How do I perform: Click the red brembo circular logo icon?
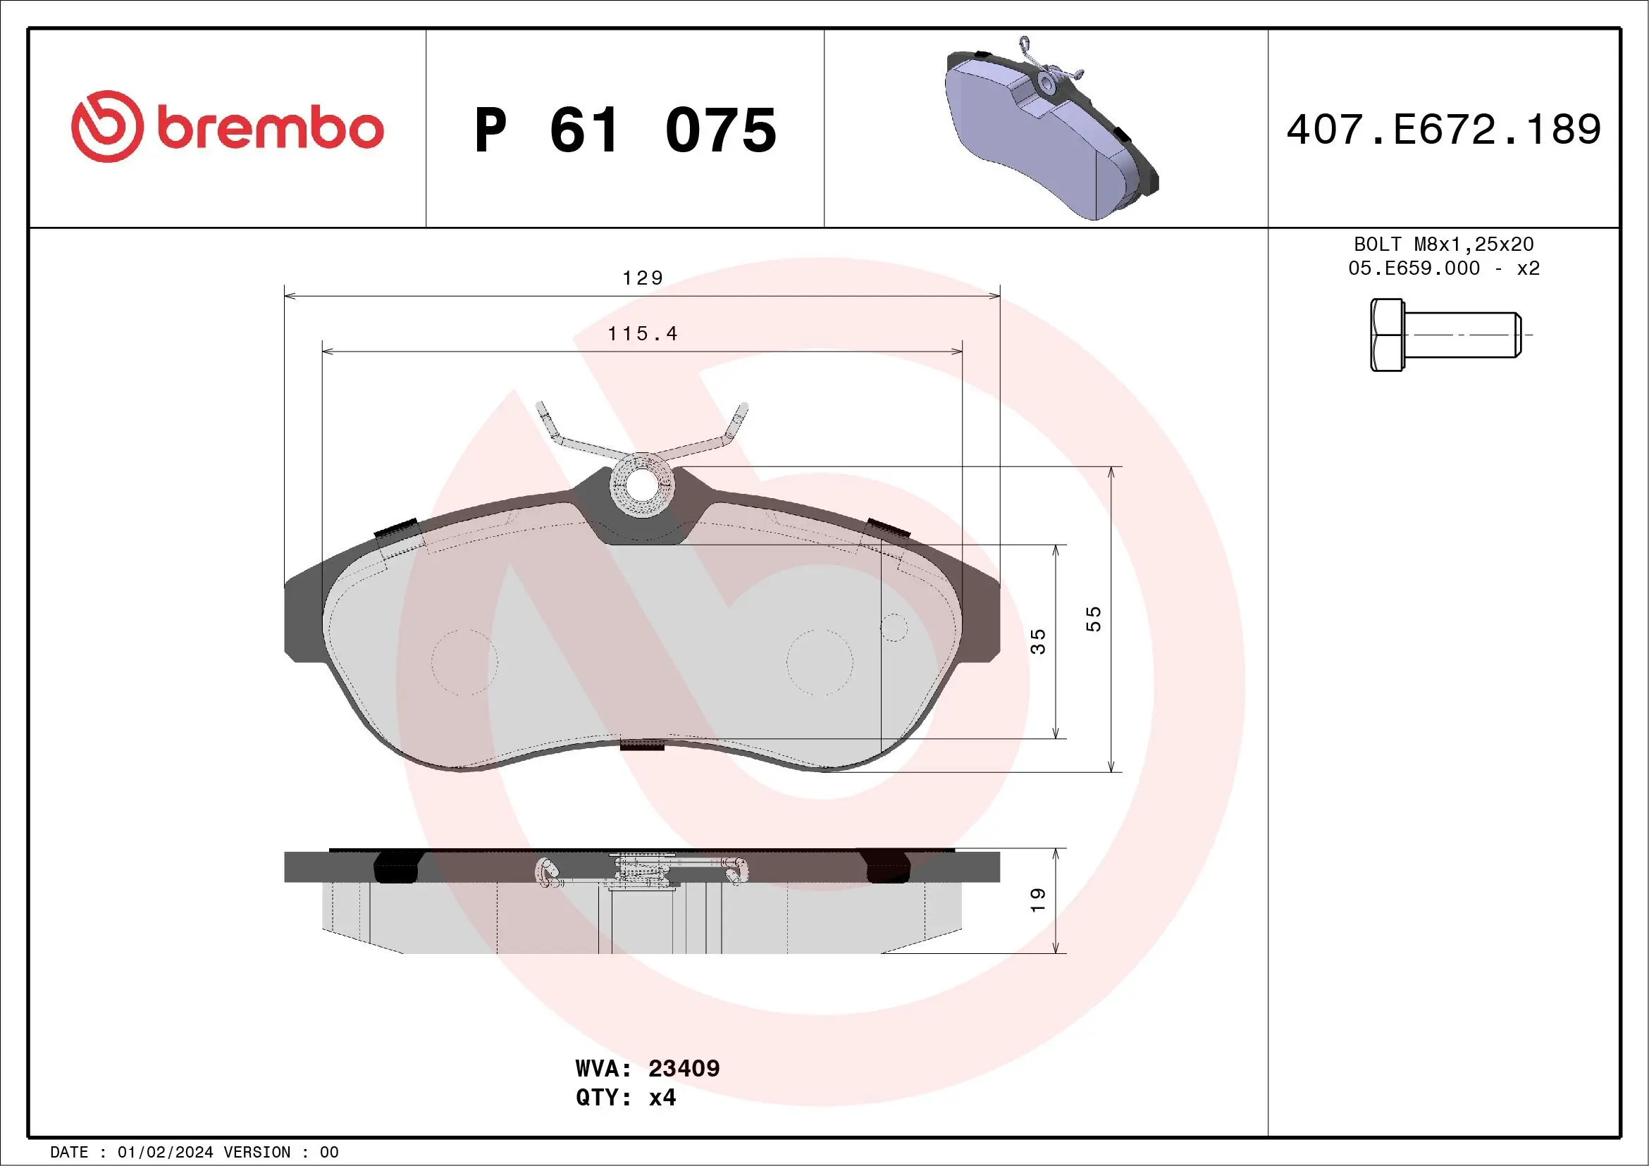[x=106, y=126]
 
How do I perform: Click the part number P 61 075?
[x=625, y=130]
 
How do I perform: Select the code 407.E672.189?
[x=1444, y=130]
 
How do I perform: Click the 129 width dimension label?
[x=642, y=278]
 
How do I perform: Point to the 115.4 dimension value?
[x=642, y=334]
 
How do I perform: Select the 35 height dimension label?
[x=1039, y=641]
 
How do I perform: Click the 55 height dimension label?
[x=1093, y=619]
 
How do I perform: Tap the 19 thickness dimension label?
[x=1039, y=900]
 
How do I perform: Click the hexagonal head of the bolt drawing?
[x=1386, y=335]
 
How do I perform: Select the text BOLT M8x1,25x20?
[x=1444, y=244]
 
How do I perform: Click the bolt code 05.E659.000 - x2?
[x=1444, y=268]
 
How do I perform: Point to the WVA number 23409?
[x=683, y=1068]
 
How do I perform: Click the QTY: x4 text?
[x=625, y=1098]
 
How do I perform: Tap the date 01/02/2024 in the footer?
[x=165, y=1153]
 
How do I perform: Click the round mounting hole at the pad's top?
[x=641, y=485]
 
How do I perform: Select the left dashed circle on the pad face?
[x=464, y=662]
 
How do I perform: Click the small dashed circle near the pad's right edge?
[x=894, y=627]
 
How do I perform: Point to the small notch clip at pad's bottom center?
[x=642, y=745]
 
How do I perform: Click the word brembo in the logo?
[x=270, y=128]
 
